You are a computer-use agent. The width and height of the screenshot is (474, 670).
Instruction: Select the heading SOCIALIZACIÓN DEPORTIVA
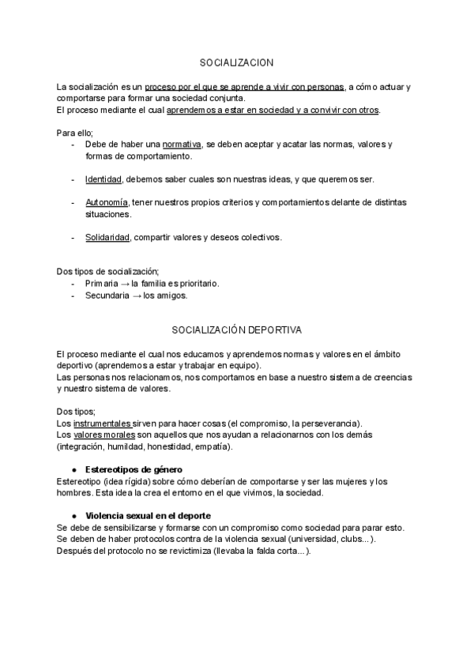[x=236, y=328]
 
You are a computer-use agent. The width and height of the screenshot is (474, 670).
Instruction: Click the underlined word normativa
[x=181, y=145]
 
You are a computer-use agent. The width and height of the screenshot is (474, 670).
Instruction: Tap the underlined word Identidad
[x=103, y=179]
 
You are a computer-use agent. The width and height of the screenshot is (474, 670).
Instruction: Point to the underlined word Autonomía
[x=107, y=203]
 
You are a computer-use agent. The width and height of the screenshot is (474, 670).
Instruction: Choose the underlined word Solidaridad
[x=107, y=237]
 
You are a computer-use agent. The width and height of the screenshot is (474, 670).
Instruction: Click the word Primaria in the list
[x=102, y=283]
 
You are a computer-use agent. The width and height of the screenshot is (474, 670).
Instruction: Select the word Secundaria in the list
[x=107, y=295]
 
